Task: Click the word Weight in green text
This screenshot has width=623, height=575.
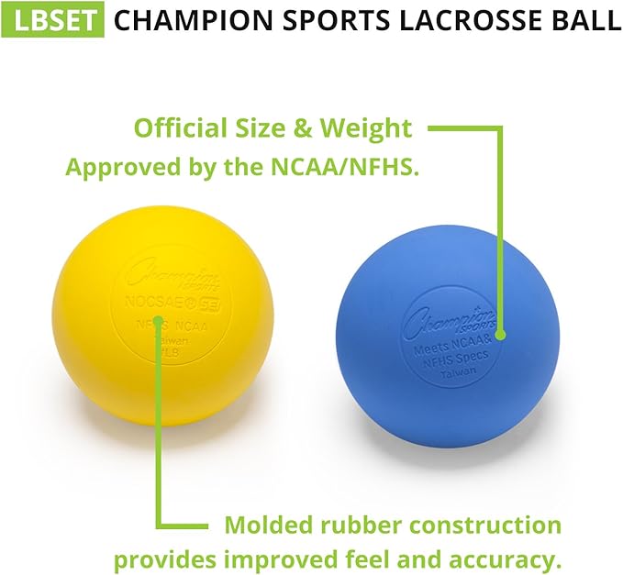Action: (x=367, y=127)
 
